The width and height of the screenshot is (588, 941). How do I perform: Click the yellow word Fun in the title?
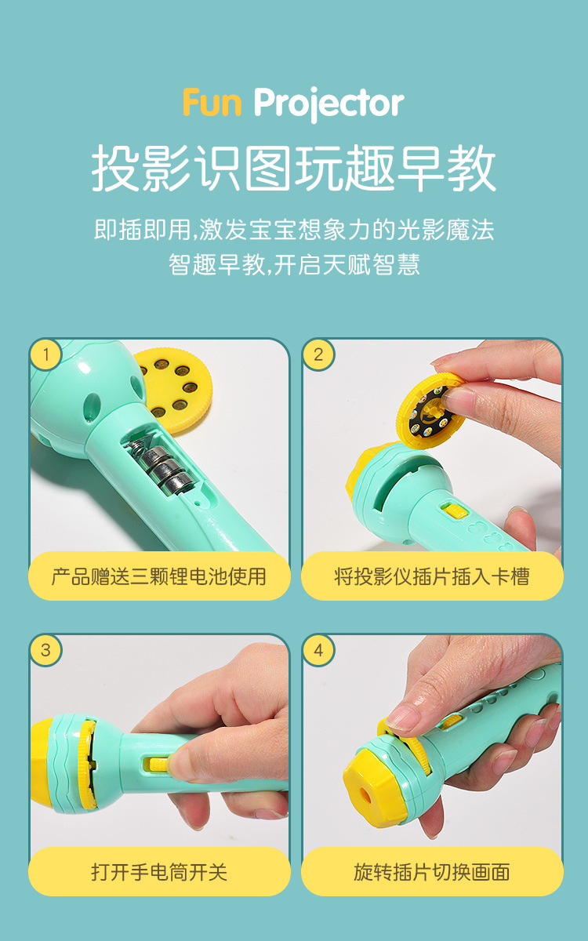[212, 103]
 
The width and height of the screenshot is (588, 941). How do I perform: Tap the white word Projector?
[328, 104]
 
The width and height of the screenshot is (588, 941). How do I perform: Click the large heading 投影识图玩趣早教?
[293, 168]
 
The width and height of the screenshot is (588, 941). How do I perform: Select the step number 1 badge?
[45, 354]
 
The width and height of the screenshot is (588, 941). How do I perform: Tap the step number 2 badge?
[318, 354]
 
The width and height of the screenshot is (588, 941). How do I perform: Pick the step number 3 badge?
[45, 651]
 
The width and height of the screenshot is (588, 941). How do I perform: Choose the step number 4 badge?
[318, 651]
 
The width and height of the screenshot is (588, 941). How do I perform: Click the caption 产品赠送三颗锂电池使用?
[158, 576]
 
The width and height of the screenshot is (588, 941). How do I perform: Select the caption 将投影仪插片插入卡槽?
[432, 576]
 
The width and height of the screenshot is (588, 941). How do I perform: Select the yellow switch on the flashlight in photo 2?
[454, 511]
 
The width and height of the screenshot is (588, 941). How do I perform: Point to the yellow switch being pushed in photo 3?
[156, 765]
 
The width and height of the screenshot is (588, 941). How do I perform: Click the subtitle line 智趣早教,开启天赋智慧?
[294, 265]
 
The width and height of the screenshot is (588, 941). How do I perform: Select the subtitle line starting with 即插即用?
[294, 230]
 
